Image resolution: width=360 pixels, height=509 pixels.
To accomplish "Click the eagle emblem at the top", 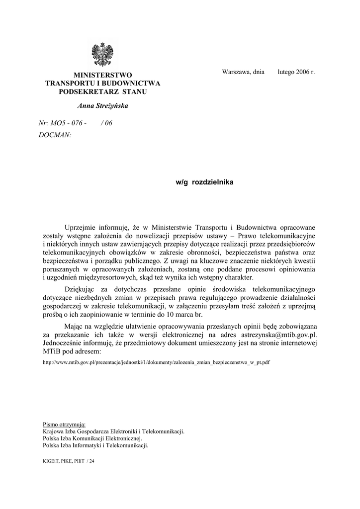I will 103,55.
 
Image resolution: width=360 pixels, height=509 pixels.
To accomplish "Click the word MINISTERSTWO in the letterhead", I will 103,75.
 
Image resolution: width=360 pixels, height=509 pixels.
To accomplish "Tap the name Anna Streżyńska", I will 103,106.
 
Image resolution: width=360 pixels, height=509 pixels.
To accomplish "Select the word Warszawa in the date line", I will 235,72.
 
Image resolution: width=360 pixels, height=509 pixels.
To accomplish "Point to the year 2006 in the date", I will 303,72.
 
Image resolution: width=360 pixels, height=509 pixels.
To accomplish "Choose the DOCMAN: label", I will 55,135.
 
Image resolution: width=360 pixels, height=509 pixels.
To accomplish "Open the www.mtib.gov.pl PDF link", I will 157,362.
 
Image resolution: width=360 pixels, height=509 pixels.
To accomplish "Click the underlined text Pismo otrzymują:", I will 65,424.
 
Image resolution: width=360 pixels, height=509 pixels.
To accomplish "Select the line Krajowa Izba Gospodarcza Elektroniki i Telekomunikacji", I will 114,431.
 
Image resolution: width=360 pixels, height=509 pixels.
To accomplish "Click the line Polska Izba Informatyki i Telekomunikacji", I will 96,445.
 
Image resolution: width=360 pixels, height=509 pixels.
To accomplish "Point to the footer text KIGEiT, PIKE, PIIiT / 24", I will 69,462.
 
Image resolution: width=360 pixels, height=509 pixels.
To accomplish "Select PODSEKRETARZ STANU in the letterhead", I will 103,92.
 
